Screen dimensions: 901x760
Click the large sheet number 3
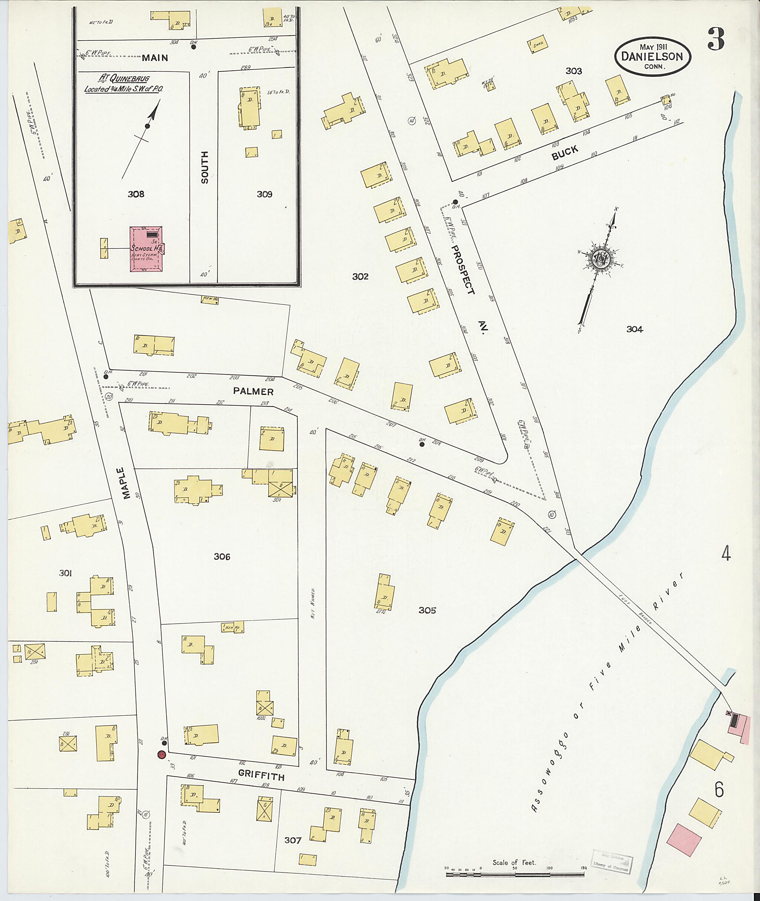tap(715, 40)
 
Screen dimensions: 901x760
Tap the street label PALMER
tap(253, 391)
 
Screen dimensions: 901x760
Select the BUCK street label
tap(565, 152)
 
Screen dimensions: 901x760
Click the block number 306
tap(222, 556)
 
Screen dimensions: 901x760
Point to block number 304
tap(635, 329)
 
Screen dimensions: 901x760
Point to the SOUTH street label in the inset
tap(204, 168)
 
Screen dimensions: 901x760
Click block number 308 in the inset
tap(136, 194)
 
